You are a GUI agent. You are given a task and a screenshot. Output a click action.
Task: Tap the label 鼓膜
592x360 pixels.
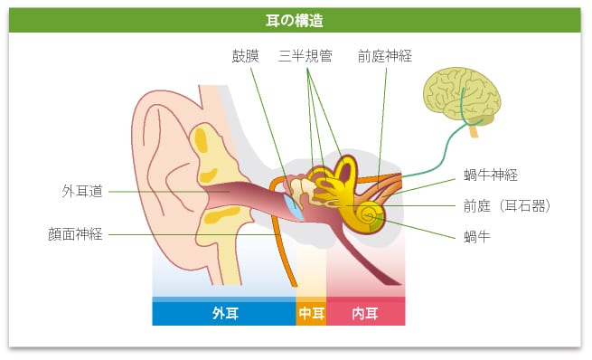tap(246, 56)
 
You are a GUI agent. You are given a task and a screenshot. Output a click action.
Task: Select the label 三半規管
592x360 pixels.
tap(305, 56)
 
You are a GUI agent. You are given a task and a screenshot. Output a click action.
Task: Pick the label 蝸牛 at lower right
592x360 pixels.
tap(476, 237)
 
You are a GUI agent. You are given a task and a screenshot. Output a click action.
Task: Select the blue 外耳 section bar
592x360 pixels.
tap(224, 314)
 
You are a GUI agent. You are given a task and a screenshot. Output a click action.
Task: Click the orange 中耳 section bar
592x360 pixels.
tap(311, 314)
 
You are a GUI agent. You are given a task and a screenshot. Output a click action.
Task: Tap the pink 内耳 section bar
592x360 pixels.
tap(365, 314)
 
